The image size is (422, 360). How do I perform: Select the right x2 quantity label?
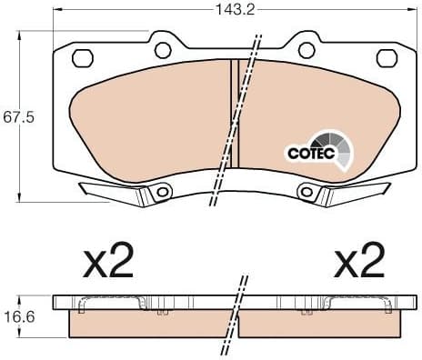coord(361,262)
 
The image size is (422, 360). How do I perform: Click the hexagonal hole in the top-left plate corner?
coord(81,59)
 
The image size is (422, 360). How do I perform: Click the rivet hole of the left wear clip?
coord(161,192)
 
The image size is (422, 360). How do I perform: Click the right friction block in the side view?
coord(323,324)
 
